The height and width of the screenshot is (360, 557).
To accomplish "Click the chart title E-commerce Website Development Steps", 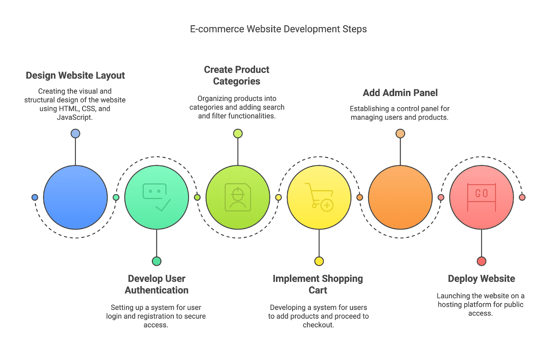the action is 278,29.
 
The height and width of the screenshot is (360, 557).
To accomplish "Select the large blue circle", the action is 75,197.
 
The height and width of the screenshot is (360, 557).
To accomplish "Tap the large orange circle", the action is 400,197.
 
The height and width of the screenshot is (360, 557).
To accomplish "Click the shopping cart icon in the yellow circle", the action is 319,197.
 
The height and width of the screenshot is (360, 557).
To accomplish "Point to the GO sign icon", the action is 481,197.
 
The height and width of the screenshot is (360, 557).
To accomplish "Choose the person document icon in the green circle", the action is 238,197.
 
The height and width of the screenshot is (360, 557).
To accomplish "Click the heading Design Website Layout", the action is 75,76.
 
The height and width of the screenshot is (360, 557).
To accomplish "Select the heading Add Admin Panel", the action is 400,93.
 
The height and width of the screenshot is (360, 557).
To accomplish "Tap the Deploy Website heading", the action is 481,279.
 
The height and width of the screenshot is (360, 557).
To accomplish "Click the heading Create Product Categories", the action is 236,75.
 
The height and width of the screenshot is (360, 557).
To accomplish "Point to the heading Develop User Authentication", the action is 157,284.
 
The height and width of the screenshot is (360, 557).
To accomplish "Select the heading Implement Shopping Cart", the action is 318,284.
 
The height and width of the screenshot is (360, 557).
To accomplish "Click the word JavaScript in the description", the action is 74,117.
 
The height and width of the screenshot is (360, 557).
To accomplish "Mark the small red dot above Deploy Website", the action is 481,261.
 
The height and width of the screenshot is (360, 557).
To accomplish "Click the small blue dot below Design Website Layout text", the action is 75,133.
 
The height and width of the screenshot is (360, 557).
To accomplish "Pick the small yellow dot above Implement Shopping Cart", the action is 319,261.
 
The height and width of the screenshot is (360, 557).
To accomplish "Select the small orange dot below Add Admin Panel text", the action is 400,133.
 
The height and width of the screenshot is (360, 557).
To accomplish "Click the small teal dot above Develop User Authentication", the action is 157,261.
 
